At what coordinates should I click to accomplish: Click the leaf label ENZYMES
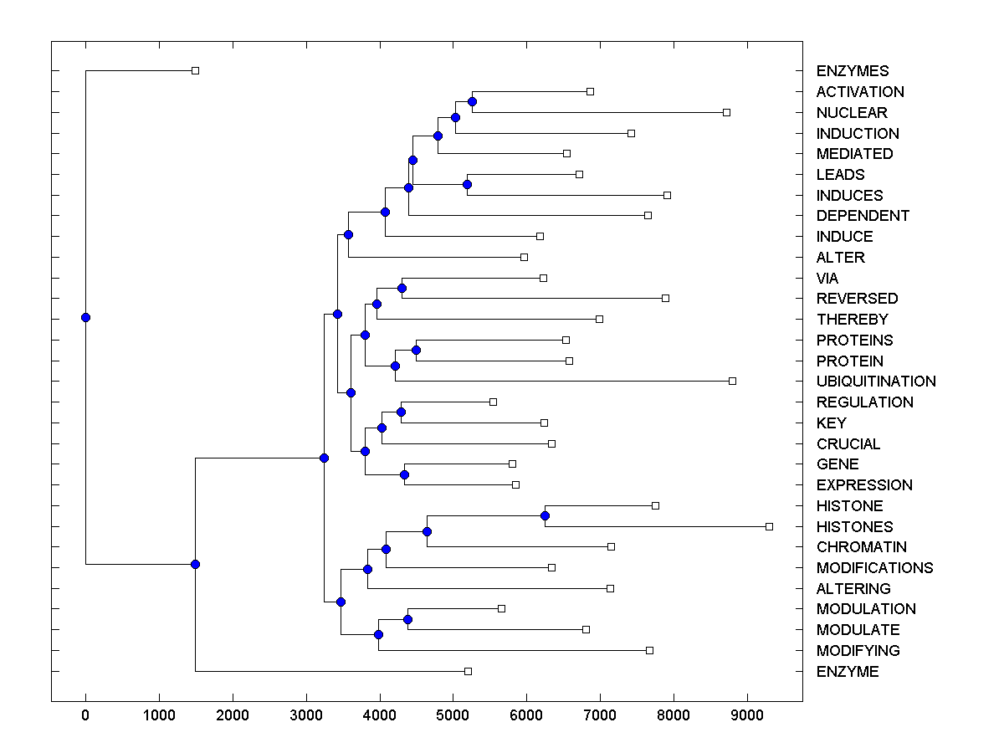853,71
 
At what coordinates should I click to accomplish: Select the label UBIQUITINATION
876,382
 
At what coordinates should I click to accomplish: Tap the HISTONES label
854,526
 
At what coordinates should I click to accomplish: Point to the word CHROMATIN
861,547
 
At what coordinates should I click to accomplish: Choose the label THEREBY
852,320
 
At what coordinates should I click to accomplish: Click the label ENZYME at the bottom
848,672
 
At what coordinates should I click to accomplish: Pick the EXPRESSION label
864,485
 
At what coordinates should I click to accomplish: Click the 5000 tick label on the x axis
453,714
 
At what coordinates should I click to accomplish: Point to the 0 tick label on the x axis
85,714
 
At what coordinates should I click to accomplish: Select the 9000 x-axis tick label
747,714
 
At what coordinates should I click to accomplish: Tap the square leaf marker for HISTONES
769,526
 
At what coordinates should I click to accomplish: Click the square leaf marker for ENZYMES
195,71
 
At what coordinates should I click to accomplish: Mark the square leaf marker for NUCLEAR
726,112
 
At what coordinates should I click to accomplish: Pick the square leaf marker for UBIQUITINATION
732,381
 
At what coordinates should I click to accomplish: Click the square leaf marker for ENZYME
468,671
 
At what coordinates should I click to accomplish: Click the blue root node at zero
85,317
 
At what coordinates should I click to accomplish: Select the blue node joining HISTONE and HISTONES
545,515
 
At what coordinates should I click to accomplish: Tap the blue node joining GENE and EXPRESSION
404,474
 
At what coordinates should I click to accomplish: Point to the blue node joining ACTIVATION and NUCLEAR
472,101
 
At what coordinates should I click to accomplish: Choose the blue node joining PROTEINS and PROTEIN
416,350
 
